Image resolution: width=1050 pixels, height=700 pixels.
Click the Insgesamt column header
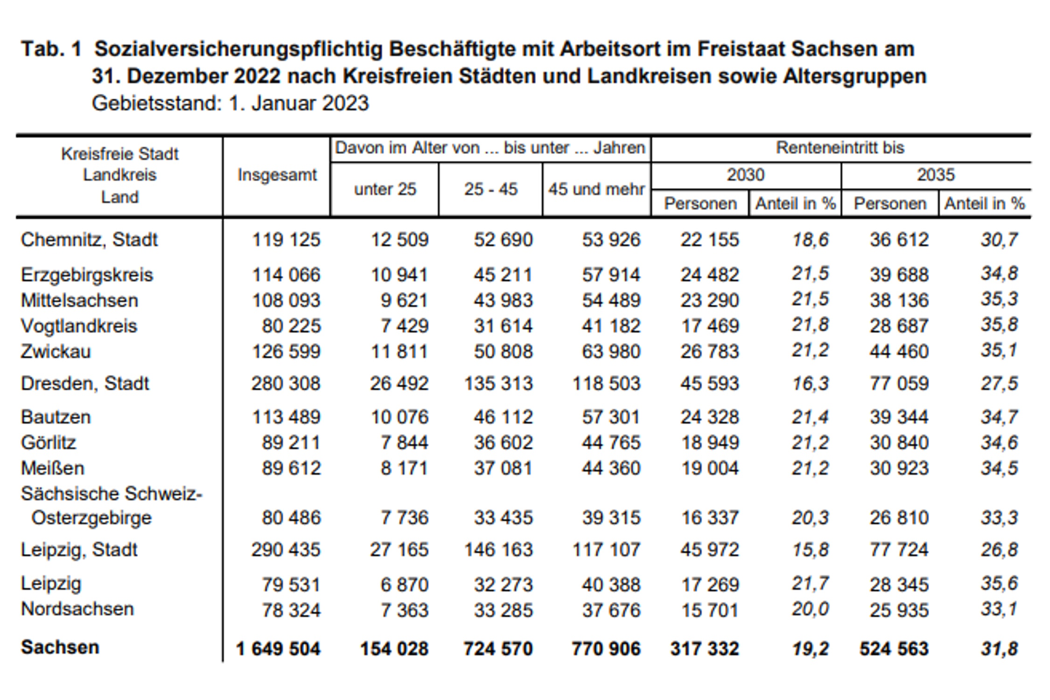[x=277, y=175]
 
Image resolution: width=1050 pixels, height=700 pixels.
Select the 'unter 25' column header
[x=385, y=189]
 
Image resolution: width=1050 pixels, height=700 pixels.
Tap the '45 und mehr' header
[x=596, y=189]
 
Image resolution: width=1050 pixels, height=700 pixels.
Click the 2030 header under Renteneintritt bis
[x=745, y=175]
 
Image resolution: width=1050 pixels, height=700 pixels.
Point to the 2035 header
[x=936, y=175]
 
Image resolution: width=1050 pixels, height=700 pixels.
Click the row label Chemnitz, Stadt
[x=89, y=240]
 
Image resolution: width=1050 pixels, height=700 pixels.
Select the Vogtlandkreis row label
[x=79, y=326]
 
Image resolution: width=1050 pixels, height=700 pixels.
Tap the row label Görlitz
[x=49, y=442]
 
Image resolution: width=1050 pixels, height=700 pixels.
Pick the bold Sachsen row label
[x=60, y=648]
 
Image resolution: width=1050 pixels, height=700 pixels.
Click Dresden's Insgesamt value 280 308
[x=286, y=384]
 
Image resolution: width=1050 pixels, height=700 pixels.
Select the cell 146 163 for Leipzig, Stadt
[x=498, y=550]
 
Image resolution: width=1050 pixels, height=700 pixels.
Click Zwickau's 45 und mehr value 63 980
[x=611, y=351]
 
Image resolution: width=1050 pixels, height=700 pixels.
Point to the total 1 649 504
[x=278, y=649]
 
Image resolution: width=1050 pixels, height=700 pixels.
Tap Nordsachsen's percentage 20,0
[x=810, y=609]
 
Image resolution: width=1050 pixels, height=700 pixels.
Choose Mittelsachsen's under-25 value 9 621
[x=404, y=301]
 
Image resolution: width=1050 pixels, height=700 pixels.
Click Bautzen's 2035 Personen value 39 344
[x=899, y=417]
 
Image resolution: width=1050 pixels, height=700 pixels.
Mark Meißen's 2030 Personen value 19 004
[x=710, y=468]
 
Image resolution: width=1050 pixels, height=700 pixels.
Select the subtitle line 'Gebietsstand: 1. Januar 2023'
[x=230, y=103]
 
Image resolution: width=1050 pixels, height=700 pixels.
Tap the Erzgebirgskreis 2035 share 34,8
[x=999, y=273]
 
